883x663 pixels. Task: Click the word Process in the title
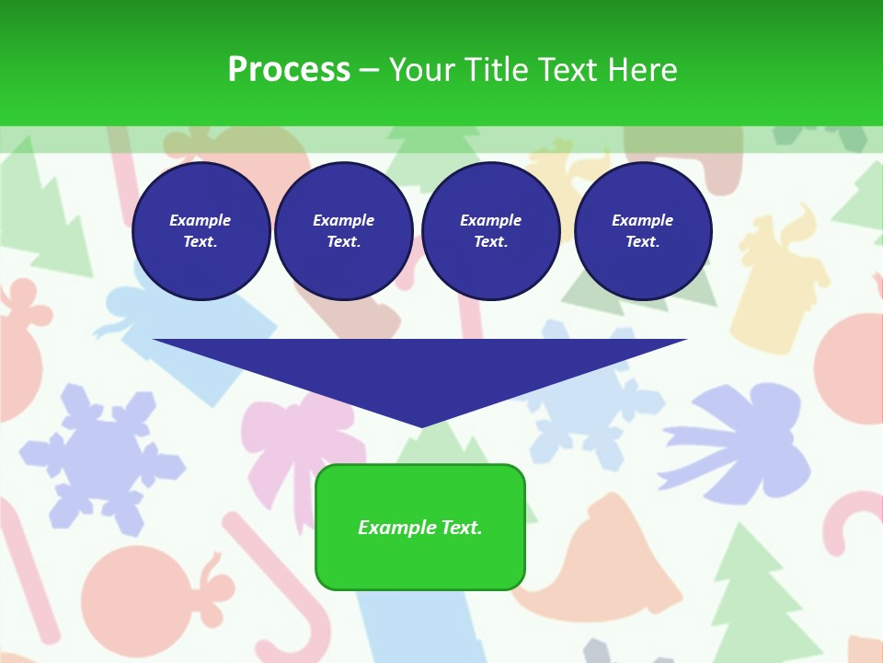pos(289,69)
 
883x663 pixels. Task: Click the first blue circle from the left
pos(201,231)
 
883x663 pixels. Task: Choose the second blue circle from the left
pos(343,231)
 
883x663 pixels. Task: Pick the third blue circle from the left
pos(490,231)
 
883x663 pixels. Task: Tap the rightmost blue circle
pos(642,231)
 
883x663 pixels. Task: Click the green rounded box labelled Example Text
pos(420,527)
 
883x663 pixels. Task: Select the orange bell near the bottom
pos(612,562)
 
